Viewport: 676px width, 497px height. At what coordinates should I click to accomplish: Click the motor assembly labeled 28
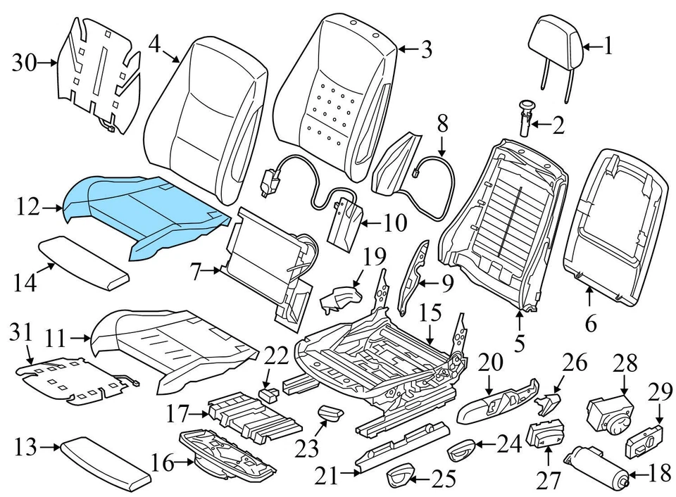point(608,412)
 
